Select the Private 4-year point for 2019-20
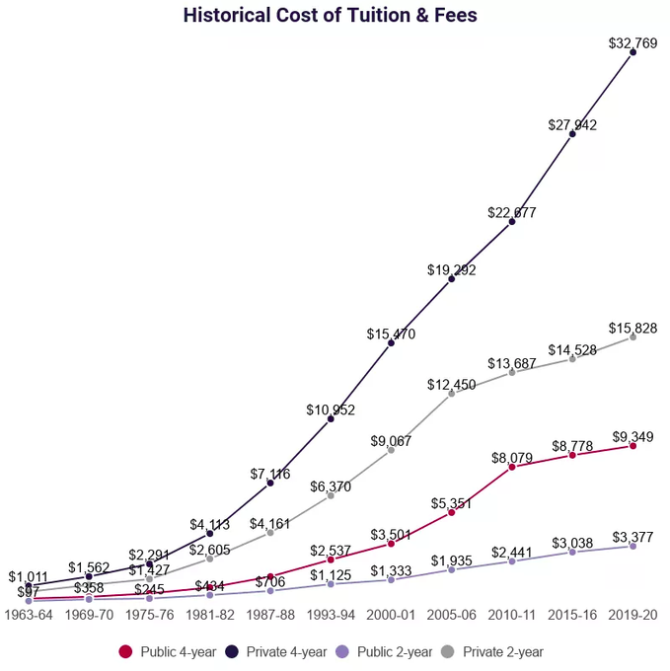(x=633, y=52)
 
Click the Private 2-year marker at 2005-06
(x=451, y=394)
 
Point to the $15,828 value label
(x=633, y=328)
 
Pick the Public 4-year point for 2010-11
(x=512, y=467)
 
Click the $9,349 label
(x=633, y=436)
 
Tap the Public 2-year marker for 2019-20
(x=633, y=546)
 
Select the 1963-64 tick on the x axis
(x=30, y=614)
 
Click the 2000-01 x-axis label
(x=391, y=614)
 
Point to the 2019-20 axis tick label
(x=633, y=614)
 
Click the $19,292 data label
(x=451, y=269)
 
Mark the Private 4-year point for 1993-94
(x=331, y=419)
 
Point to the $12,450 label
(x=451, y=384)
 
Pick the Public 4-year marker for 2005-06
(x=451, y=512)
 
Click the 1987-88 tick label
(x=269, y=614)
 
